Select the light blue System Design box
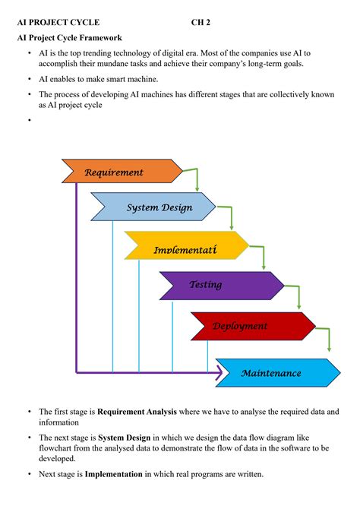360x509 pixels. (156, 207)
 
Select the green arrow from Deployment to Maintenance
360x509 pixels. (327, 338)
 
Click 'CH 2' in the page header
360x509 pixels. (202, 23)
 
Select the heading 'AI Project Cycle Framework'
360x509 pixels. (69, 37)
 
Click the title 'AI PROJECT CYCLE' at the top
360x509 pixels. (58, 23)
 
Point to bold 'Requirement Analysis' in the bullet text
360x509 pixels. (137, 412)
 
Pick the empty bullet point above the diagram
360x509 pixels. (29, 120)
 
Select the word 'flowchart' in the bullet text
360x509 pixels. (57, 448)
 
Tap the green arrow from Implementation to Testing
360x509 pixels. (263, 258)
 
